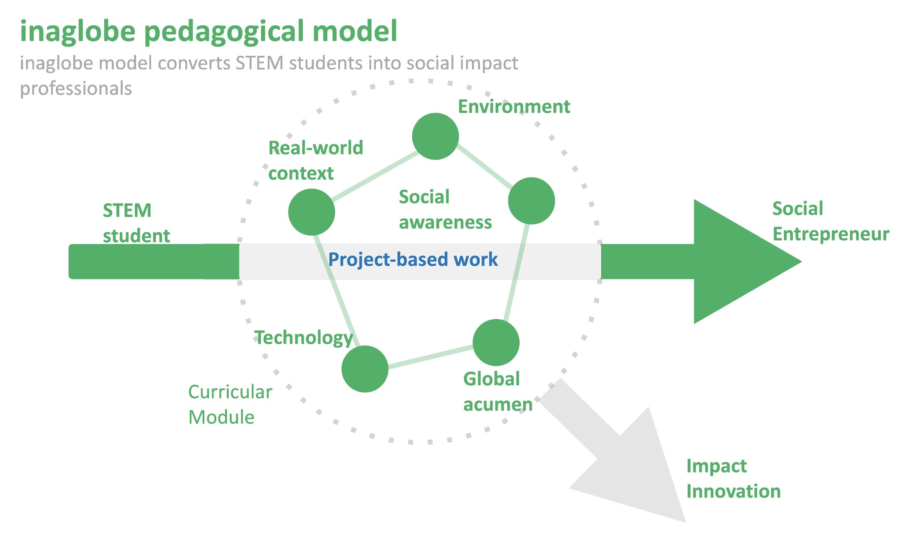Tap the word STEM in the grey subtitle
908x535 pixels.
click(x=259, y=63)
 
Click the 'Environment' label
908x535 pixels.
click(x=513, y=107)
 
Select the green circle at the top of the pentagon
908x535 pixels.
click(x=435, y=136)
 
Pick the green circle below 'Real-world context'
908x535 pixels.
click(x=312, y=212)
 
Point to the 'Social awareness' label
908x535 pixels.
click(x=445, y=209)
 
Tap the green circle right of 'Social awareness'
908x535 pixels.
click(x=531, y=201)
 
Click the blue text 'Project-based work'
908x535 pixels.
click(x=413, y=260)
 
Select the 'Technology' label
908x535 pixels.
click(x=304, y=338)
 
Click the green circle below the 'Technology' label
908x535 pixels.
click(x=365, y=369)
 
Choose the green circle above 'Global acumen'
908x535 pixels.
click(x=496, y=343)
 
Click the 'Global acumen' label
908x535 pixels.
click(x=497, y=392)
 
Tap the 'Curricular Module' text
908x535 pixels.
click(x=230, y=404)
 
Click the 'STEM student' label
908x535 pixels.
click(x=136, y=223)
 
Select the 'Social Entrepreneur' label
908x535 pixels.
click(x=830, y=221)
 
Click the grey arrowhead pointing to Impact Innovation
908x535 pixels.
click(x=638, y=469)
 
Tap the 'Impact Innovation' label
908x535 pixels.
click(x=733, y=479)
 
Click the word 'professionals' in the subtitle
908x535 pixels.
click(x=76, y=89)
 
